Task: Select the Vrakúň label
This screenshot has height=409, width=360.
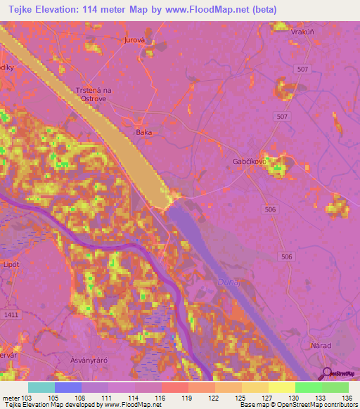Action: (292, 32)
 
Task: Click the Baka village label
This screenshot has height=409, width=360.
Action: (143, 131)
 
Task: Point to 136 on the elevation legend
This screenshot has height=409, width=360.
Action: (347, 399)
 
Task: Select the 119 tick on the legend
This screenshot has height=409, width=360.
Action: (188, 399)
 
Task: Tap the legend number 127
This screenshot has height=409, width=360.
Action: (268, 399)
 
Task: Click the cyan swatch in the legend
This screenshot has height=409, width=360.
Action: (41, 387)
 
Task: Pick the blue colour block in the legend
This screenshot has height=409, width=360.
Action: (68, 387)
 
